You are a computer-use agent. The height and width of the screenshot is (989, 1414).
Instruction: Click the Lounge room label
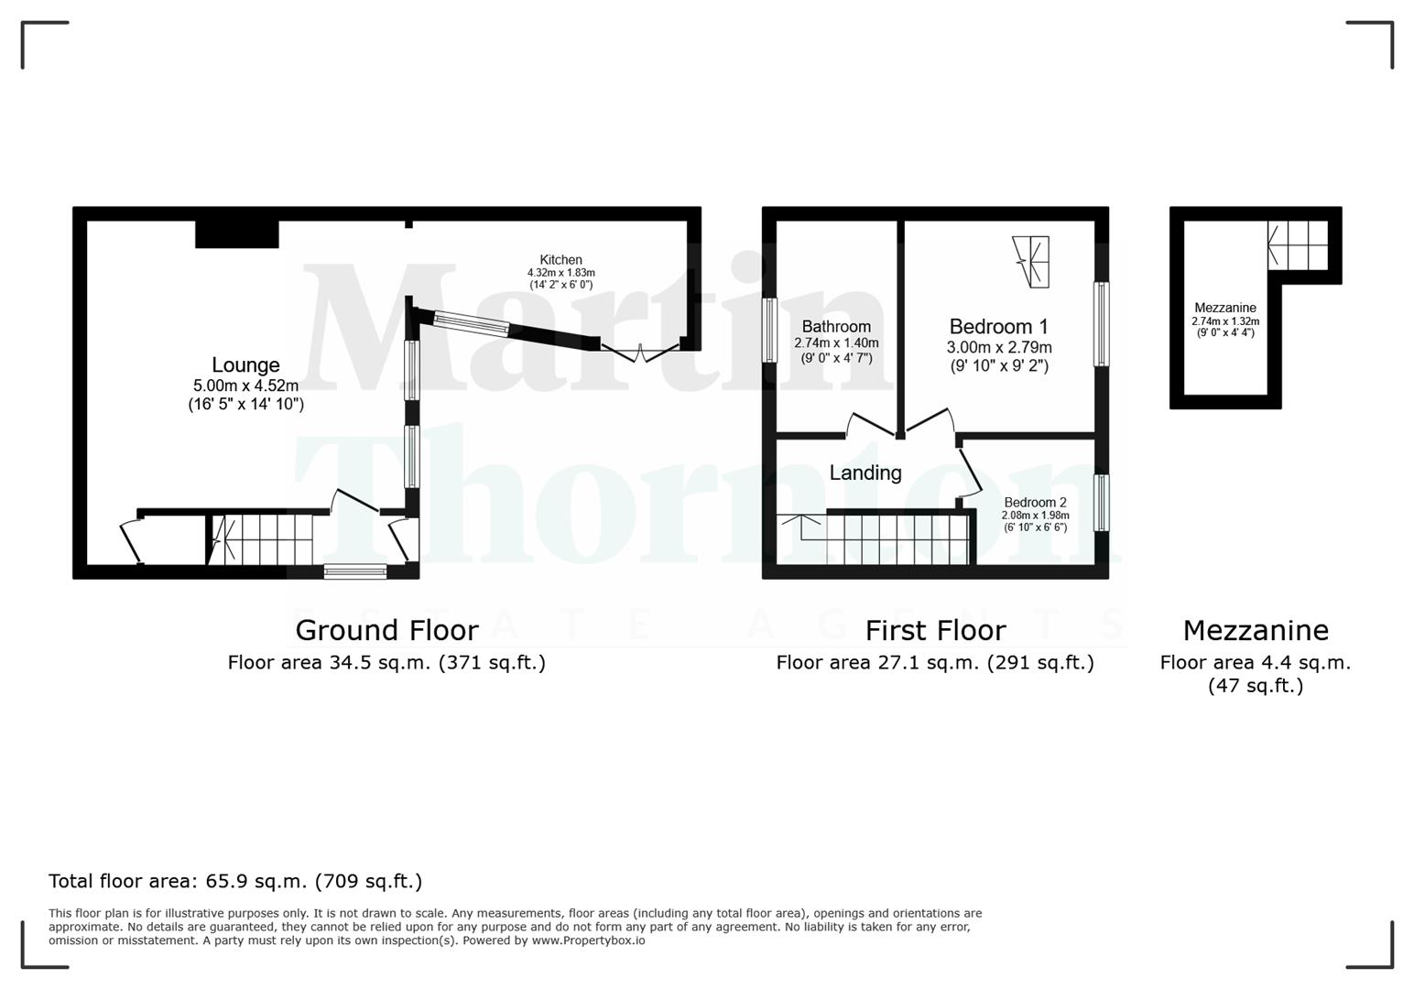(x=245, y=365)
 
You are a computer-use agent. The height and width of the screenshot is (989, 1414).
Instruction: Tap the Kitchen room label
(x=560, y=260)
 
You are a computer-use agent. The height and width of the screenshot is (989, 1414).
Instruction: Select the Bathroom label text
(x=836, y=327)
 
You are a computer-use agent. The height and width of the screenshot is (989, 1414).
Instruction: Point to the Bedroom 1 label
(x=998, y=327)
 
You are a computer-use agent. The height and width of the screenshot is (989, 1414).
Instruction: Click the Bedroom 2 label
(x=1035, y=503)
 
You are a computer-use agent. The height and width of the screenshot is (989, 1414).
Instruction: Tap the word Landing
(x=865, y=473)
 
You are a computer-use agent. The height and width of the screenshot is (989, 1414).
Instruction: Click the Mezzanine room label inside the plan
(x=1224, y=308)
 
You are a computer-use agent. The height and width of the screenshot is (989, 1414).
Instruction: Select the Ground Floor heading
(x=386, y=630)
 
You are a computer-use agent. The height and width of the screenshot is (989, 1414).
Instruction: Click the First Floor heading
(x=935, y=630)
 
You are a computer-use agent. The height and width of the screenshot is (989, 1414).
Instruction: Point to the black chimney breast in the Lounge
(x=236, y=234)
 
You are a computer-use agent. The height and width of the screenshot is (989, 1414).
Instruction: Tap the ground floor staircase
(x=262, y=539)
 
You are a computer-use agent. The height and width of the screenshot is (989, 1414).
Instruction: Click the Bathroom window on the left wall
(x=769, y=331)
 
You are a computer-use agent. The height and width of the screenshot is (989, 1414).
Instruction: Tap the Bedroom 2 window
(x=1102, y=502)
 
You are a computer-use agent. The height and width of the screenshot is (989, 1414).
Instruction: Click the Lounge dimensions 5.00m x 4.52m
(x=245, y=386)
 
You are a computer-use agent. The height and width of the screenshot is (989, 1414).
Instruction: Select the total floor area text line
(x=235, y=881)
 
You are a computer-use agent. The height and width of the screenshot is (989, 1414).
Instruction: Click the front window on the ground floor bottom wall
(x=355, y=571)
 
